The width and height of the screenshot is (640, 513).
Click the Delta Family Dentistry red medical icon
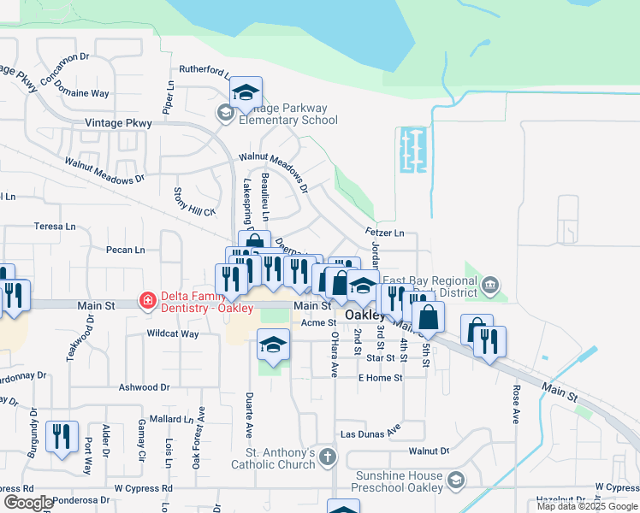pyautogui.click(x=147, y=300)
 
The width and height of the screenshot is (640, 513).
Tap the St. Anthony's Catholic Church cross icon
pyautogui.click(x=326, y=458)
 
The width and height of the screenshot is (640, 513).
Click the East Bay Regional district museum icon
pyautogui.click(x=489, y=285)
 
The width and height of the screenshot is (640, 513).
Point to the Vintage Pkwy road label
pyautogui.click(x=118, y=123)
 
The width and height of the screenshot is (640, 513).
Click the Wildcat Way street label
pyautogui.click(x=173, y=333)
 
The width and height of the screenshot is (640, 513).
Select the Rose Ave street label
pyautogui.click(x=516, y=404)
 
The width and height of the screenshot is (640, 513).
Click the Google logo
pyautogui.click(x=27, y=503)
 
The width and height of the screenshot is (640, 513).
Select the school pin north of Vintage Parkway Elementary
pyautogui.click(x=246, y=93)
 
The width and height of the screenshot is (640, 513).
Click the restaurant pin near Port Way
pyautogui.click(x=62, y=437)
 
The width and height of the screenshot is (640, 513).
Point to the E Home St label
pyautogui.click(x=380, y=378)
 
